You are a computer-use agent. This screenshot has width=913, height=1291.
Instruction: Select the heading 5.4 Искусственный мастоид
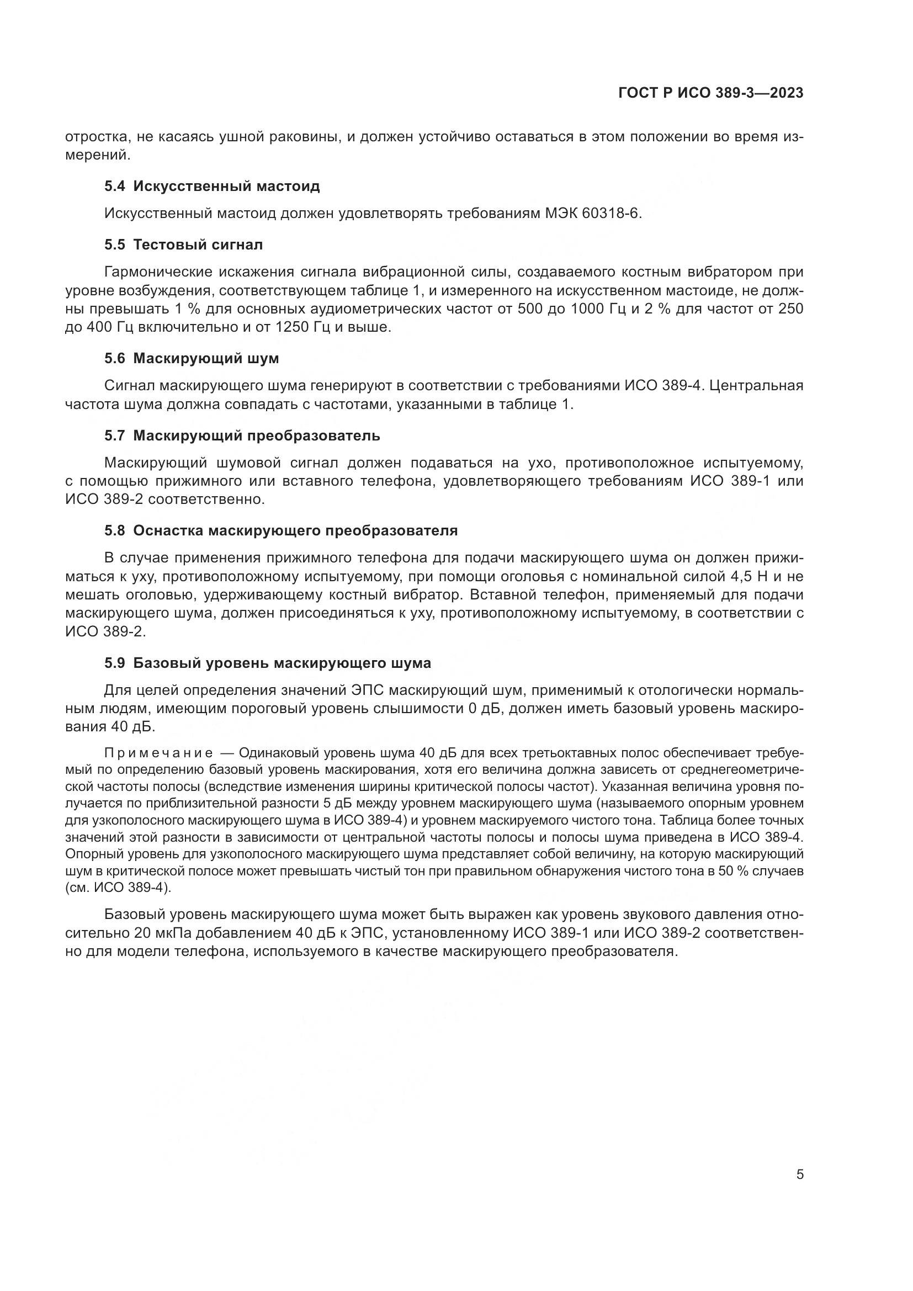point(212,186)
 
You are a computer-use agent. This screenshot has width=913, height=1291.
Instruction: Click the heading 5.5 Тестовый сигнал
point(183,245)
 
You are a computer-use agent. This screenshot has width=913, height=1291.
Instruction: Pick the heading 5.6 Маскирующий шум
point(191,358)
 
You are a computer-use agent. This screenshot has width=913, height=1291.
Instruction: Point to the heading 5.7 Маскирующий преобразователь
point(242,436)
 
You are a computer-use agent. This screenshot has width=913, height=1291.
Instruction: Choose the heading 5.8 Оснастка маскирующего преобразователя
point(280,530)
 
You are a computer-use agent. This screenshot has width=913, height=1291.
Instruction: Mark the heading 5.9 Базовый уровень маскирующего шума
point(268,663)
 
